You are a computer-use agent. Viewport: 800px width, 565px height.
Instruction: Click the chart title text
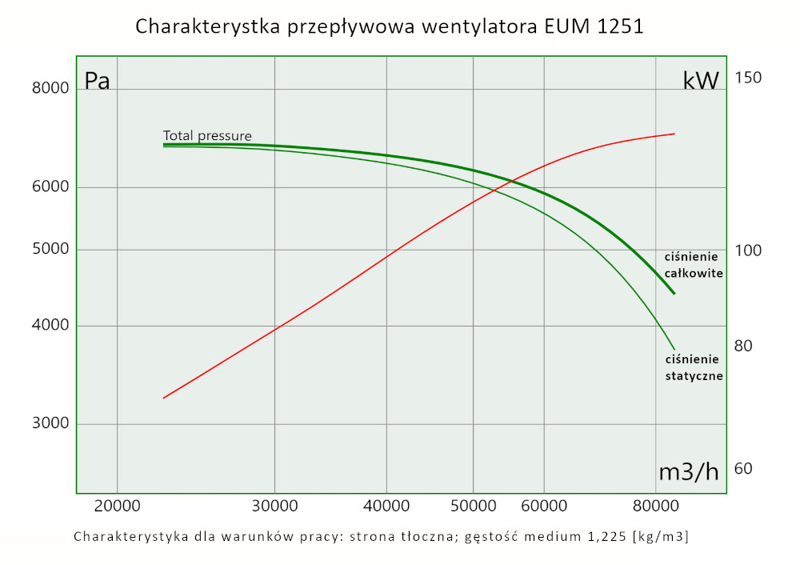pos(389,26)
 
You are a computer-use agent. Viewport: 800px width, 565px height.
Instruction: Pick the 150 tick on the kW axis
pos(747,78)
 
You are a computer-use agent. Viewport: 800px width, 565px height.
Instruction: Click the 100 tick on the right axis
pos(747,250)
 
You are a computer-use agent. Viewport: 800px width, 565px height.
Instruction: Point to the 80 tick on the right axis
pos(743,346)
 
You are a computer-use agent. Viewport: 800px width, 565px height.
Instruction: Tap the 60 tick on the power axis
pos(743,468)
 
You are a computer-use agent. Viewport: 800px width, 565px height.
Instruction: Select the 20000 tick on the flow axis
pos(117,507)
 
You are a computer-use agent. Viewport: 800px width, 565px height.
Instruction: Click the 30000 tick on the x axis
pos(274,507)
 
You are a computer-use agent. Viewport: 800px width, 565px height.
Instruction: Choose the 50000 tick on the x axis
pos(473,507)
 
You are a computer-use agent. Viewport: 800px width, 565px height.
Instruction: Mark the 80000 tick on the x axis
pos(655,507)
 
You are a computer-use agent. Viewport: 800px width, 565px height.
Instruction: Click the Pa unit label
pos(98,82)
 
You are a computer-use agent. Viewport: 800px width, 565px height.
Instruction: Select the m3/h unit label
pos(688,472)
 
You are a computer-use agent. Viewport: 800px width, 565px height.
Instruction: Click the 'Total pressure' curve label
pos(207,136)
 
